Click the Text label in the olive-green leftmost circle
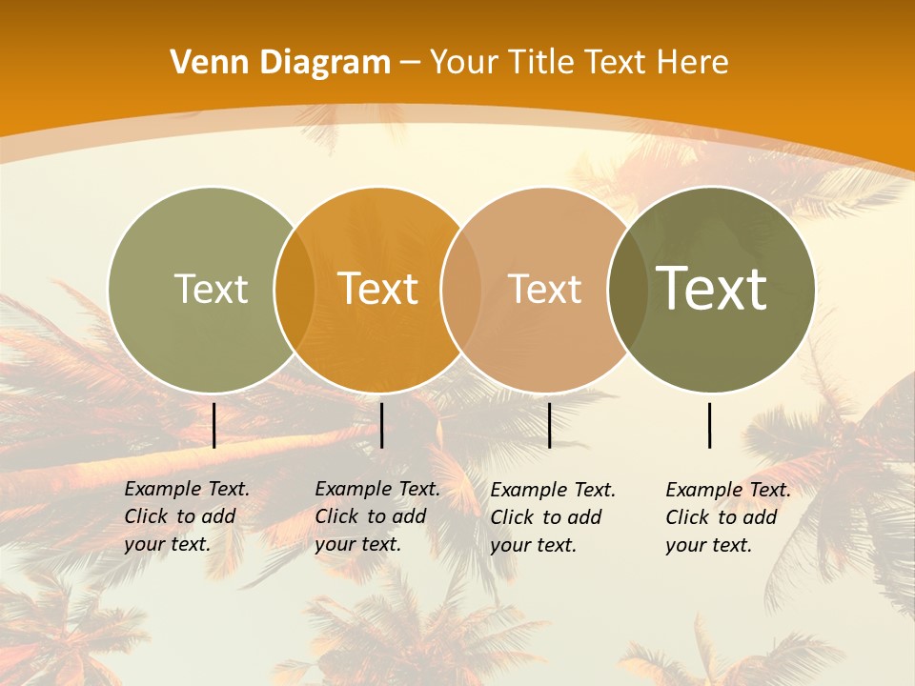point(211,289)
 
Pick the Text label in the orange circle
point(378,289)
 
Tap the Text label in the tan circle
point(544,289)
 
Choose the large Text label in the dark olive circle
point(712,289)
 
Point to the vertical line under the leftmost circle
point(214,425)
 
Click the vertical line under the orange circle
point(381,425)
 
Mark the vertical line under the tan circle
point(550,425)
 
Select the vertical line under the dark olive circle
point(710,425)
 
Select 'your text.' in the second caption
point(357,544)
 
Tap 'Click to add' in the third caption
point(546,517)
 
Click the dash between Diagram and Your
point(410,63)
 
